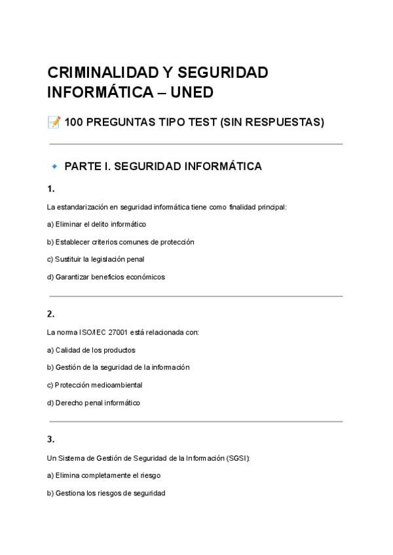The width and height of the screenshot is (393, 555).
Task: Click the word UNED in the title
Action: pyautogui.click(x=192, y=92)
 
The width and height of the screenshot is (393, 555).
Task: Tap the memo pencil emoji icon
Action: pyautogui.click(x=54, y=122)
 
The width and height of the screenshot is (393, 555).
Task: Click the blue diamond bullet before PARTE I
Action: pyautogui.click(x=54, y=166)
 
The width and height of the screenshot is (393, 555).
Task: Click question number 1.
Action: pyautogui.click(x=51, y=188)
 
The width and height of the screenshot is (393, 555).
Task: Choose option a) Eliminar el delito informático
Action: pyautogui.click(x=96, y=224)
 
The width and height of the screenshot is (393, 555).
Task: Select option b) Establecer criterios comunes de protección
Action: pyautogui.click(x=121, y=242)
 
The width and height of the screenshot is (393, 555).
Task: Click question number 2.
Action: pyautogui.click(x=51, y=313)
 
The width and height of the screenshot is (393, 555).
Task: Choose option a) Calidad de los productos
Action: pyautogui.click(x=91, y=350)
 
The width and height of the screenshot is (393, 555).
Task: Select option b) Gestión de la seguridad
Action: pyautogui.click(x=118, y=367)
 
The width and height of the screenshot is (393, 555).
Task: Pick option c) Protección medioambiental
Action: pyautogui.click(x=94, y=385)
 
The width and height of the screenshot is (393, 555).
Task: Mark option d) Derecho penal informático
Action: pyautogui.click(x=94, y=403)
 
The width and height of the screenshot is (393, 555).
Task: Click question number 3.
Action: pyautogui.click(x=51, y=439)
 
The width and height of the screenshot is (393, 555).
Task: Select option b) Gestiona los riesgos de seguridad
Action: pyautogui.click(x=106, y=493)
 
